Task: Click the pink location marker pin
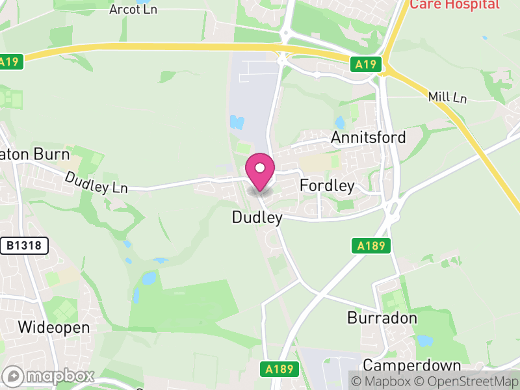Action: point(260,170)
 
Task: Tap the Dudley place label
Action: point(257,218)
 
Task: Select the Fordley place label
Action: point(327,186)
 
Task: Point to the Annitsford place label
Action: point(368,137)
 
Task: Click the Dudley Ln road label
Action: point(96,182)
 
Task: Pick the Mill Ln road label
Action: point(448,97)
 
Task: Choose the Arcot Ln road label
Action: point(133,9)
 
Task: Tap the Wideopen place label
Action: point(54,327)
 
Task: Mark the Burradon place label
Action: point(382,318)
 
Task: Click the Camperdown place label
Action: point(412,365)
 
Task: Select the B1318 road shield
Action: point(24,246)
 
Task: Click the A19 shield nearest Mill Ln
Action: point(366,64)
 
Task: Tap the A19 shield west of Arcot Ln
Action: point(10,62)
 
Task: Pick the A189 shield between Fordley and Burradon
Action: point(372,246)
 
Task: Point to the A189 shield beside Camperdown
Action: point(280,369)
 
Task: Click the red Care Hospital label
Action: point(454,5)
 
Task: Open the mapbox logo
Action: point(49,376)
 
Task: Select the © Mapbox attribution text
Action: point(384,380)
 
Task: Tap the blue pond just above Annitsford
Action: point(339,122)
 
